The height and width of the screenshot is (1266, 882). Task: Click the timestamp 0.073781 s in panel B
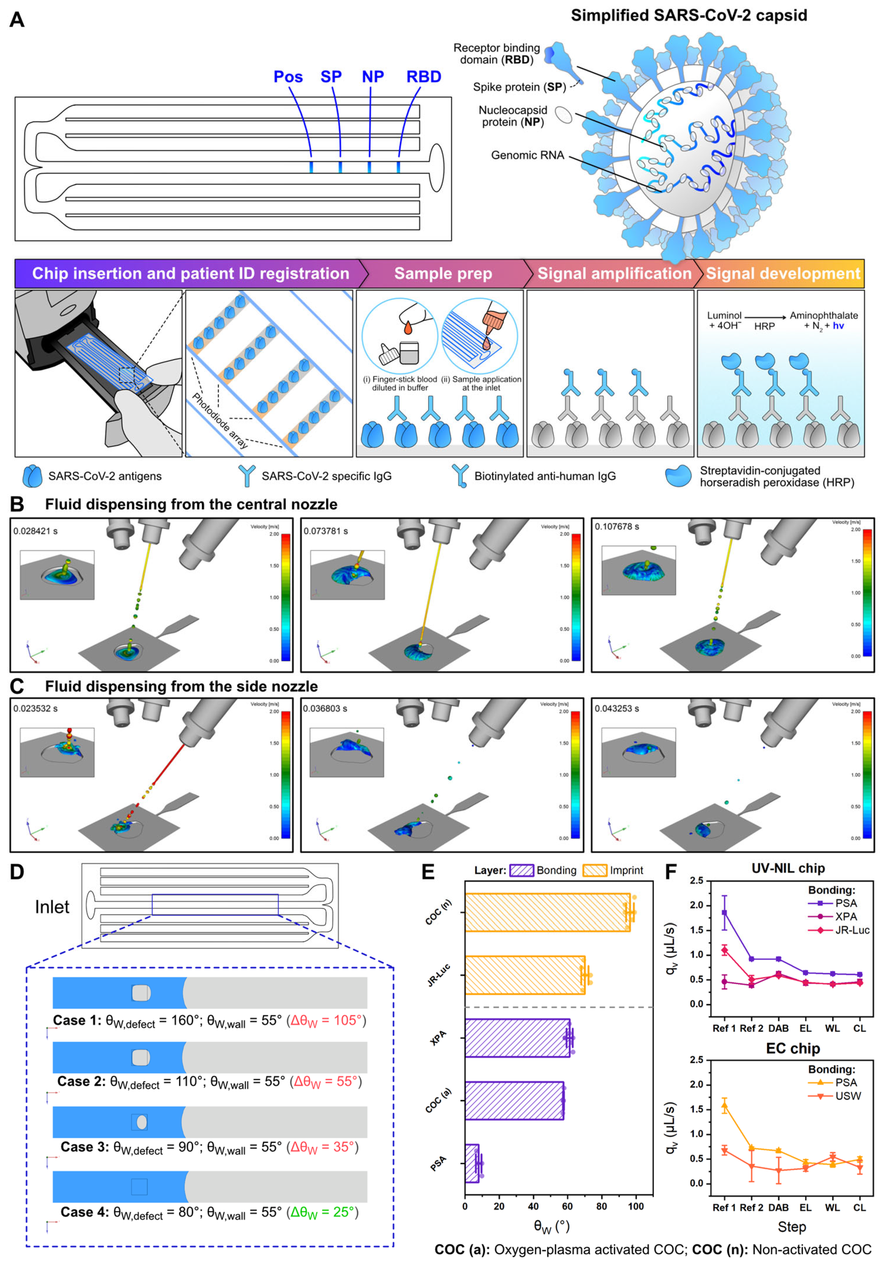[x=326, y=531]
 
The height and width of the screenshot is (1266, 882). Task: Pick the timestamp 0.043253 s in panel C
[x=616, y=708]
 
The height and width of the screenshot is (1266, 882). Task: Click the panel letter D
[x=17, y=872]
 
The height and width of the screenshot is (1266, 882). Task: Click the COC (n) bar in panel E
[x=546, y=912]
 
